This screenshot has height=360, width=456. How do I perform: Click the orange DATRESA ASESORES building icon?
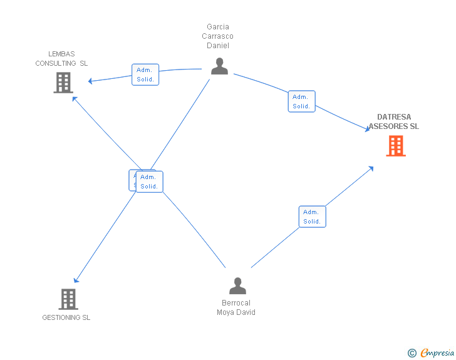[x=395, y=146]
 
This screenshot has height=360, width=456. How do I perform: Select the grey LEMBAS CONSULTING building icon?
[x=63, y=83]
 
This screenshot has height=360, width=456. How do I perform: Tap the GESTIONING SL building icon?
[x=68, y=299]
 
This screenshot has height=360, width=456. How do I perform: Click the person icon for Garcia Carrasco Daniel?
[x=219, y=66]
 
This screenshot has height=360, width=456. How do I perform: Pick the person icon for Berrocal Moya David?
[x=237, y=286]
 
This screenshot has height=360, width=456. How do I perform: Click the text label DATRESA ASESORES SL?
[x=394, y=121]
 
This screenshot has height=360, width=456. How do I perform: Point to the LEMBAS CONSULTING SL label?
[x=61, y=59]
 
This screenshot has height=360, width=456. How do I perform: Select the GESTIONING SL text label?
[x=66, y=317]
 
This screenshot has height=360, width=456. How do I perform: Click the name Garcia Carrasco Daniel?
[x=218, y=36]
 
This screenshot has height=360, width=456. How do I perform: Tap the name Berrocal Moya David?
[x=236, y=308]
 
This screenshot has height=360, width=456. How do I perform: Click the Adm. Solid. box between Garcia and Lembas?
[x=145, y=75]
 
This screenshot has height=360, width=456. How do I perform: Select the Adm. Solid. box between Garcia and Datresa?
[x=301, y=101]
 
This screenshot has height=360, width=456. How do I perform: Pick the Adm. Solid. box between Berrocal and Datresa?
[x=312, y=217]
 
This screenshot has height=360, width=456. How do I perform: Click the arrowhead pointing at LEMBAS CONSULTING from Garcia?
[x=91, y=81]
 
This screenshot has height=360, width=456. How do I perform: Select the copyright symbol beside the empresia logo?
[x=412, y=353]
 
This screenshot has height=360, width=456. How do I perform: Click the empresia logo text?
[x=437, y=352]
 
